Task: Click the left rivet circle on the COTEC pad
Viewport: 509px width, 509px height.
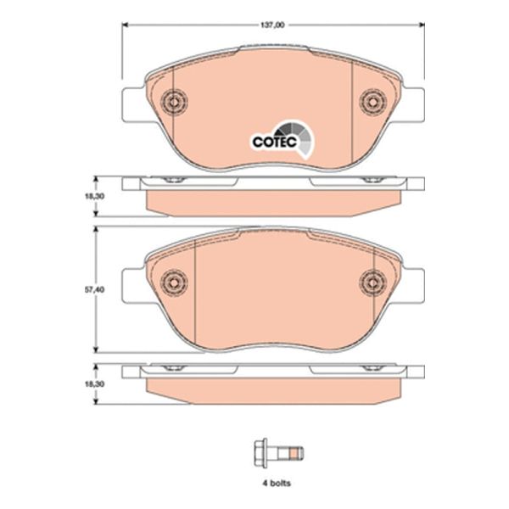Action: (174, 102)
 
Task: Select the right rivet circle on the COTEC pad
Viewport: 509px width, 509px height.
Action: (372, 102)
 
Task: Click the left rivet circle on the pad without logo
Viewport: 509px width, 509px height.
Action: (174, 281)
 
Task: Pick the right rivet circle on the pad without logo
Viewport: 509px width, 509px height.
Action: (372, 281)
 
